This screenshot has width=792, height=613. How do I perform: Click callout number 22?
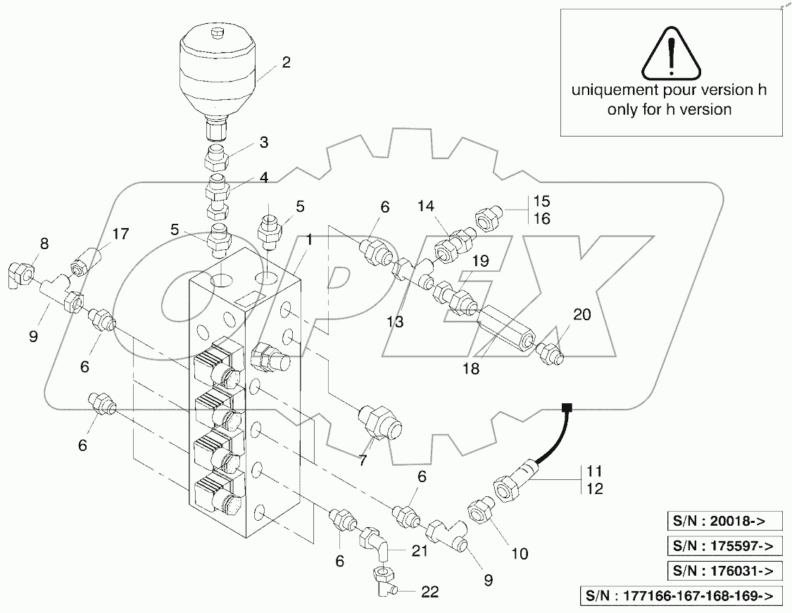(430, 593)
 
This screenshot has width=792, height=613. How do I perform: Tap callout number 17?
(120, 233)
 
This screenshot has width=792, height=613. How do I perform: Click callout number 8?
(44, 244)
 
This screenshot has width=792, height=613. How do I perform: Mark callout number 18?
(471, 369)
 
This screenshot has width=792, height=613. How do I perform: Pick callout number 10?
(519, 554)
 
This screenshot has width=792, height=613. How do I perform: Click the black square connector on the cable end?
(565, 407)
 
